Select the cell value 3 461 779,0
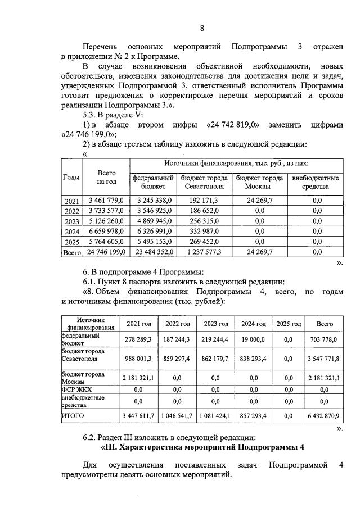coord(106,200)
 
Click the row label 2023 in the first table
coord(71,221)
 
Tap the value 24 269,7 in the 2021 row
coord(260,200)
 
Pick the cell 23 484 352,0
coord(153,252)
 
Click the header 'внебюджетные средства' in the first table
coord(316,182)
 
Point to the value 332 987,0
coord(204,232)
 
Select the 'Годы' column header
coord(71,177)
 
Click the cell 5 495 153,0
coord(153,242)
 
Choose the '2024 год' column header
coord(254,324)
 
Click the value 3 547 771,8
coord(324,358)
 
